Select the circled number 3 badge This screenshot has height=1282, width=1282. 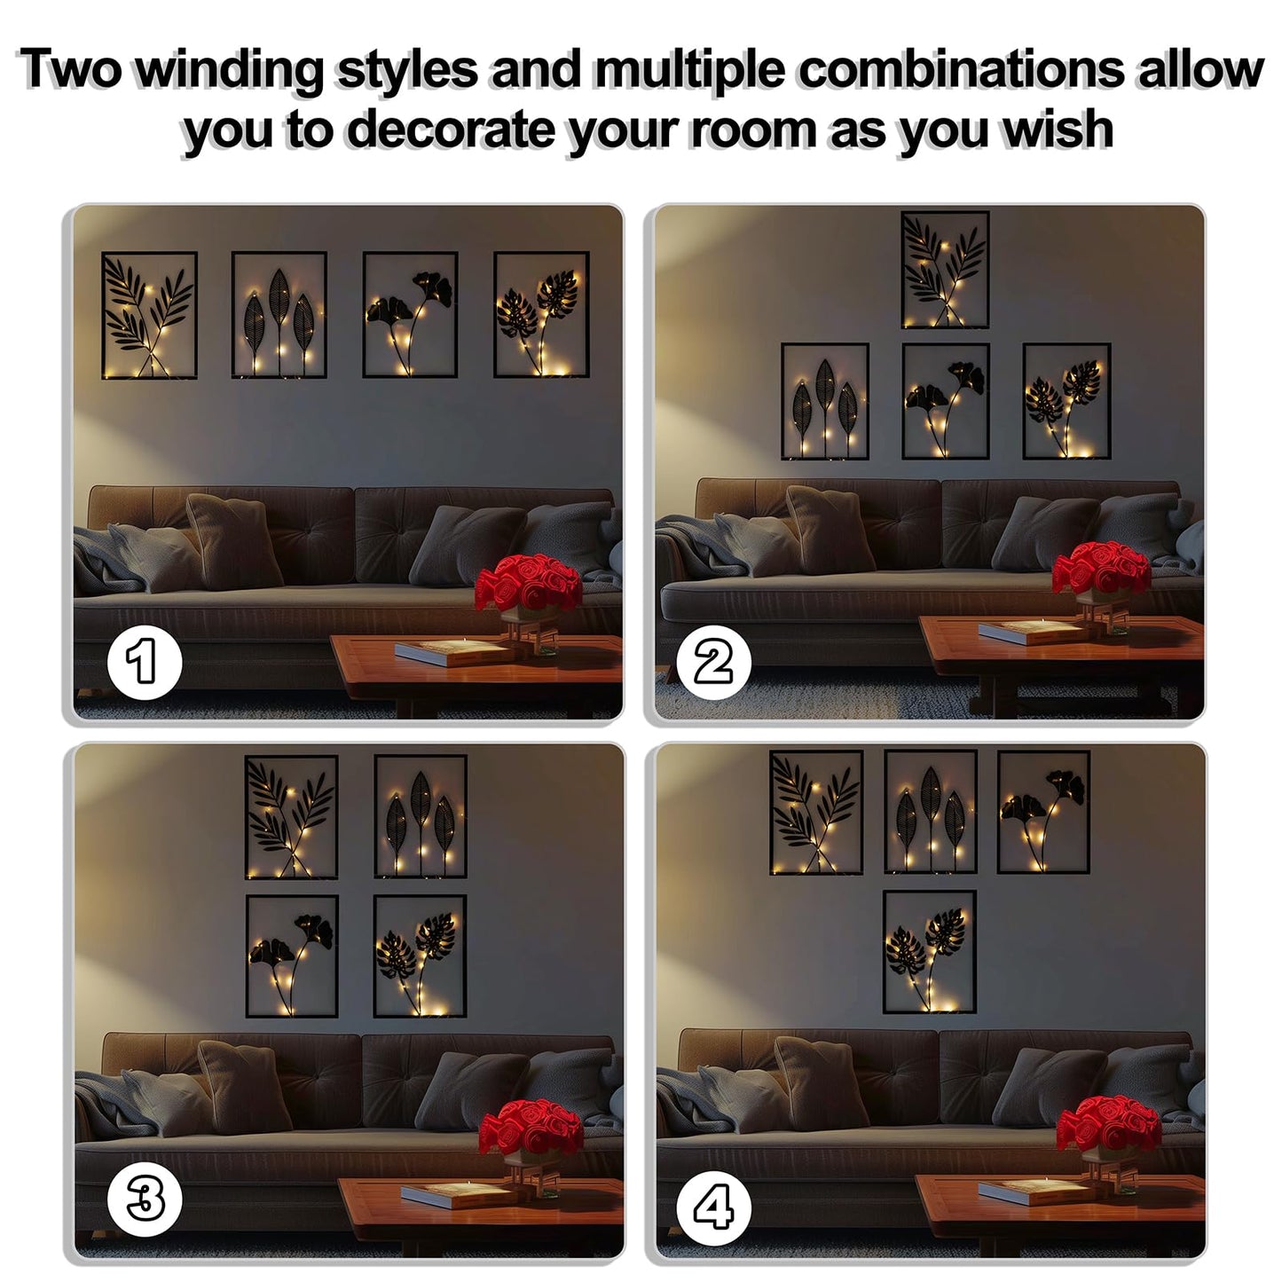145,1200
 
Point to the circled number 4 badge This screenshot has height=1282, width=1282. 714,1200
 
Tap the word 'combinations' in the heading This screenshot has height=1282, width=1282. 959,69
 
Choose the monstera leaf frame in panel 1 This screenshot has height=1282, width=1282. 541,314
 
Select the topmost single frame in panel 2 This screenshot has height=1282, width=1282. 945,270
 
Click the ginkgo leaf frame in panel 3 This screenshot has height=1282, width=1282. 292,956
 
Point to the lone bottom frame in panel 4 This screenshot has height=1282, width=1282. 930,952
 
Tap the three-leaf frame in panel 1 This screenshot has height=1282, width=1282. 279,314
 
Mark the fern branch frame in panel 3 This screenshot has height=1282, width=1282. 291,816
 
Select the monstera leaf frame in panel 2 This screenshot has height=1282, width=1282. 1066,401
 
